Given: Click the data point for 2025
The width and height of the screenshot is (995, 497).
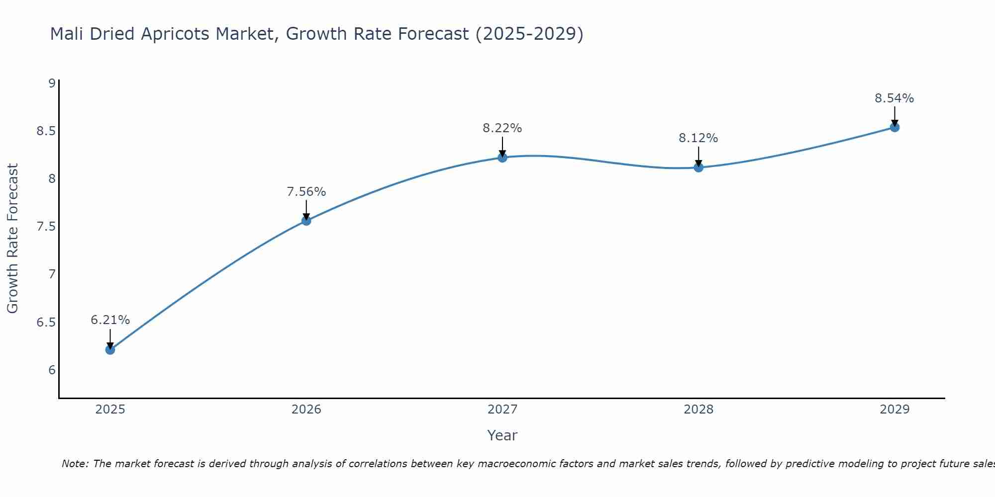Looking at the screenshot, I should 110,349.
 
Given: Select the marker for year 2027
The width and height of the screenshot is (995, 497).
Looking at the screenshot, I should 502,158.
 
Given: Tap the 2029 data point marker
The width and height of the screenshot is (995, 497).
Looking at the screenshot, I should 895,127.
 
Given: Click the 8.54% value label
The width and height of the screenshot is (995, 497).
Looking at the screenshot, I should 894,98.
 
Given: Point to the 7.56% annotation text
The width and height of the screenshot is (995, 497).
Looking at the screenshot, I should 306,192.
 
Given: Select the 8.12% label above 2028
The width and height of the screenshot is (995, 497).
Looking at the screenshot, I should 698,138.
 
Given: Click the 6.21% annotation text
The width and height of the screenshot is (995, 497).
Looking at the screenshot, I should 110,320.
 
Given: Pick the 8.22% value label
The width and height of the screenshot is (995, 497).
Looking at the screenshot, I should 502,128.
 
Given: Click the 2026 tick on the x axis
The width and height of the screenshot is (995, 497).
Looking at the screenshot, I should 306,410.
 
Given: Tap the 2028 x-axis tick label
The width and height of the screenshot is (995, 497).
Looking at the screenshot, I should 698,410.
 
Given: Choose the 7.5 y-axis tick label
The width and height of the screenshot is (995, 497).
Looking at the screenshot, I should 46,227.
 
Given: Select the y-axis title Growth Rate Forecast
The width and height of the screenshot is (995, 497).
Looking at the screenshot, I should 12,239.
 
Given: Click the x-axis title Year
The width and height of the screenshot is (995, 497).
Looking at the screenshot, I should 502,435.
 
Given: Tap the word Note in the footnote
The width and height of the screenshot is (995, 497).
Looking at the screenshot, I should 75,464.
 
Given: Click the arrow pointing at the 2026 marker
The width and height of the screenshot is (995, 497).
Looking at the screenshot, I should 306,210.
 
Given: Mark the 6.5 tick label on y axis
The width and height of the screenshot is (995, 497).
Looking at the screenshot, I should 46,323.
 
